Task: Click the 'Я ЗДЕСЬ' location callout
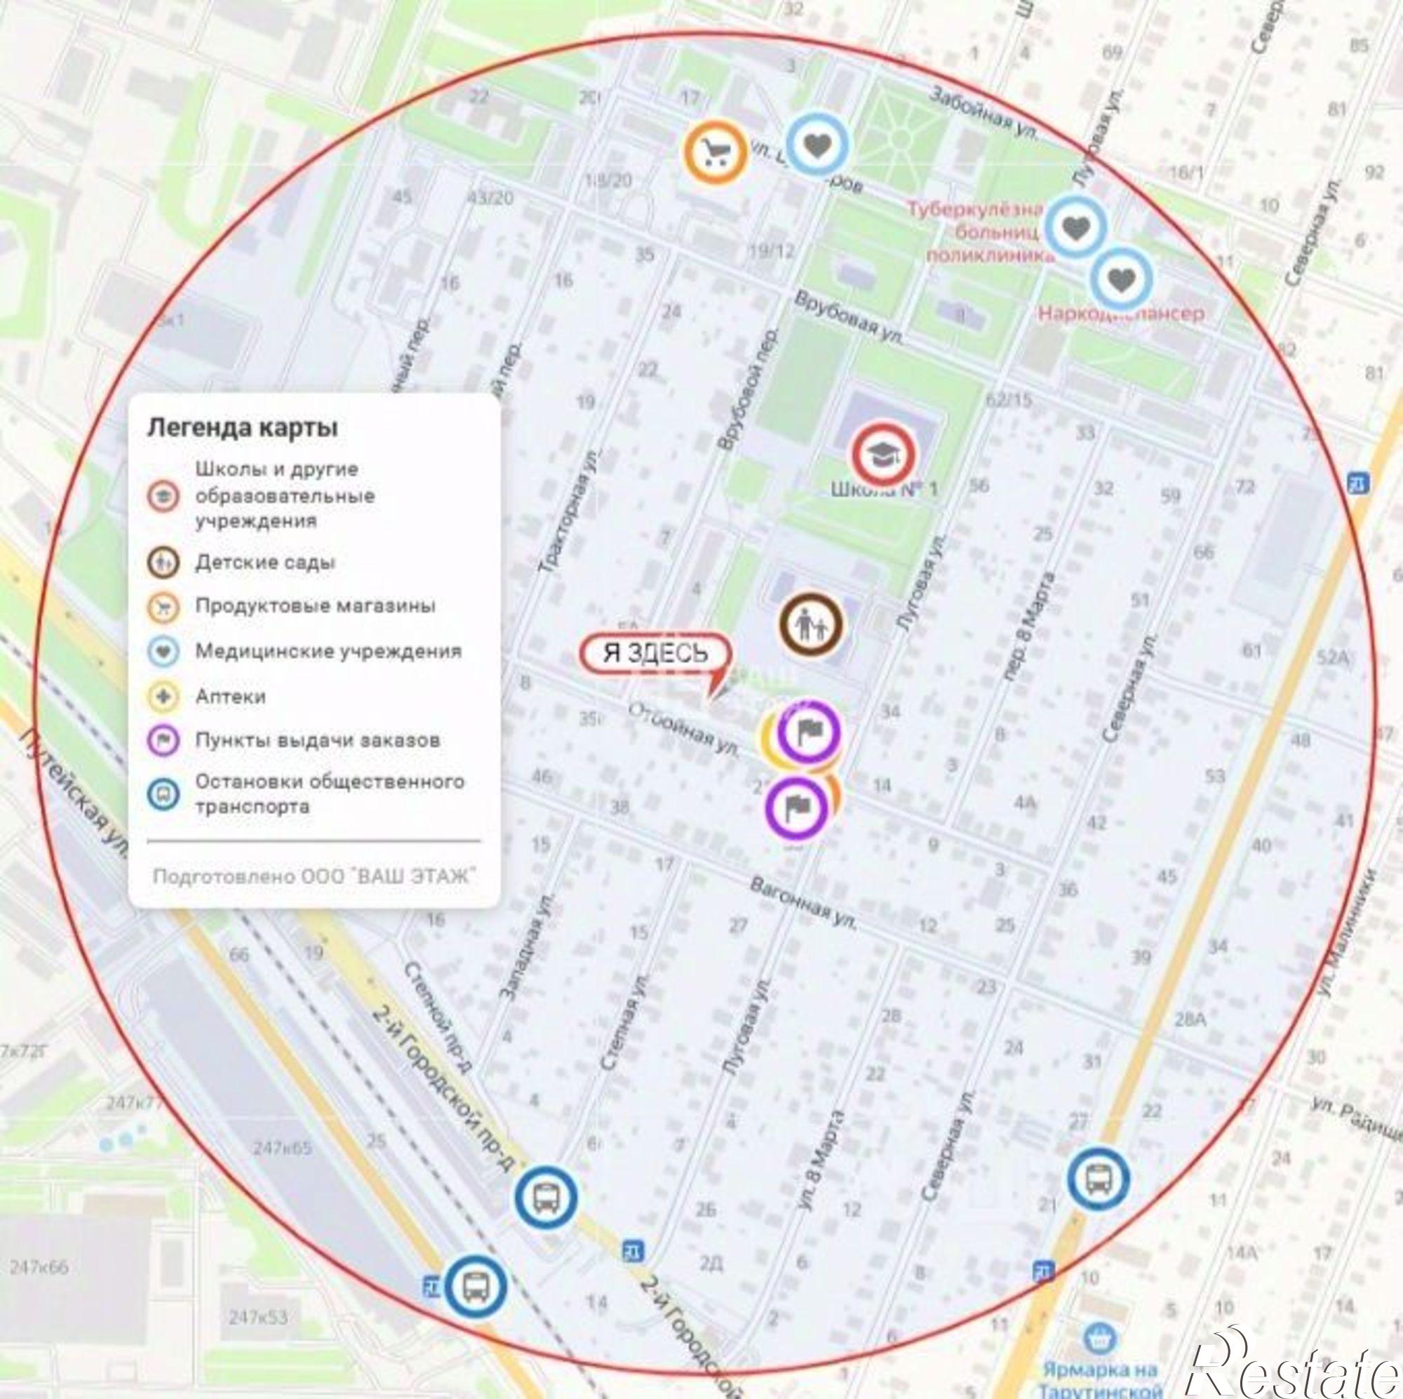tap(654, 653)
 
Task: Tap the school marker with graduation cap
tap(882, 455)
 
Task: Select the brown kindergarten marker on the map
tap(811, 624)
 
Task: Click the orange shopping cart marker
tap(715, 152)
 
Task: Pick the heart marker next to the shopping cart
tap(818, 145)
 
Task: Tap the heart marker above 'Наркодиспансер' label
tap(1120, 280)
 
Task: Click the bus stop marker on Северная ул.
tap(1098, 1179)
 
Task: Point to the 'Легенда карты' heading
tap(243, 428)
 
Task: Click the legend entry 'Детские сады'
tap(265, 562)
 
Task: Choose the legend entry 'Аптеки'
tap(230, 697)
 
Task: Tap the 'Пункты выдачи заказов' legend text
tap(317, 741)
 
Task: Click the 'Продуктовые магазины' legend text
tap(315, 605)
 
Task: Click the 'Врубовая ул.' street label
tap(848, 318)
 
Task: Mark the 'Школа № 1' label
tap(884, 489)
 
